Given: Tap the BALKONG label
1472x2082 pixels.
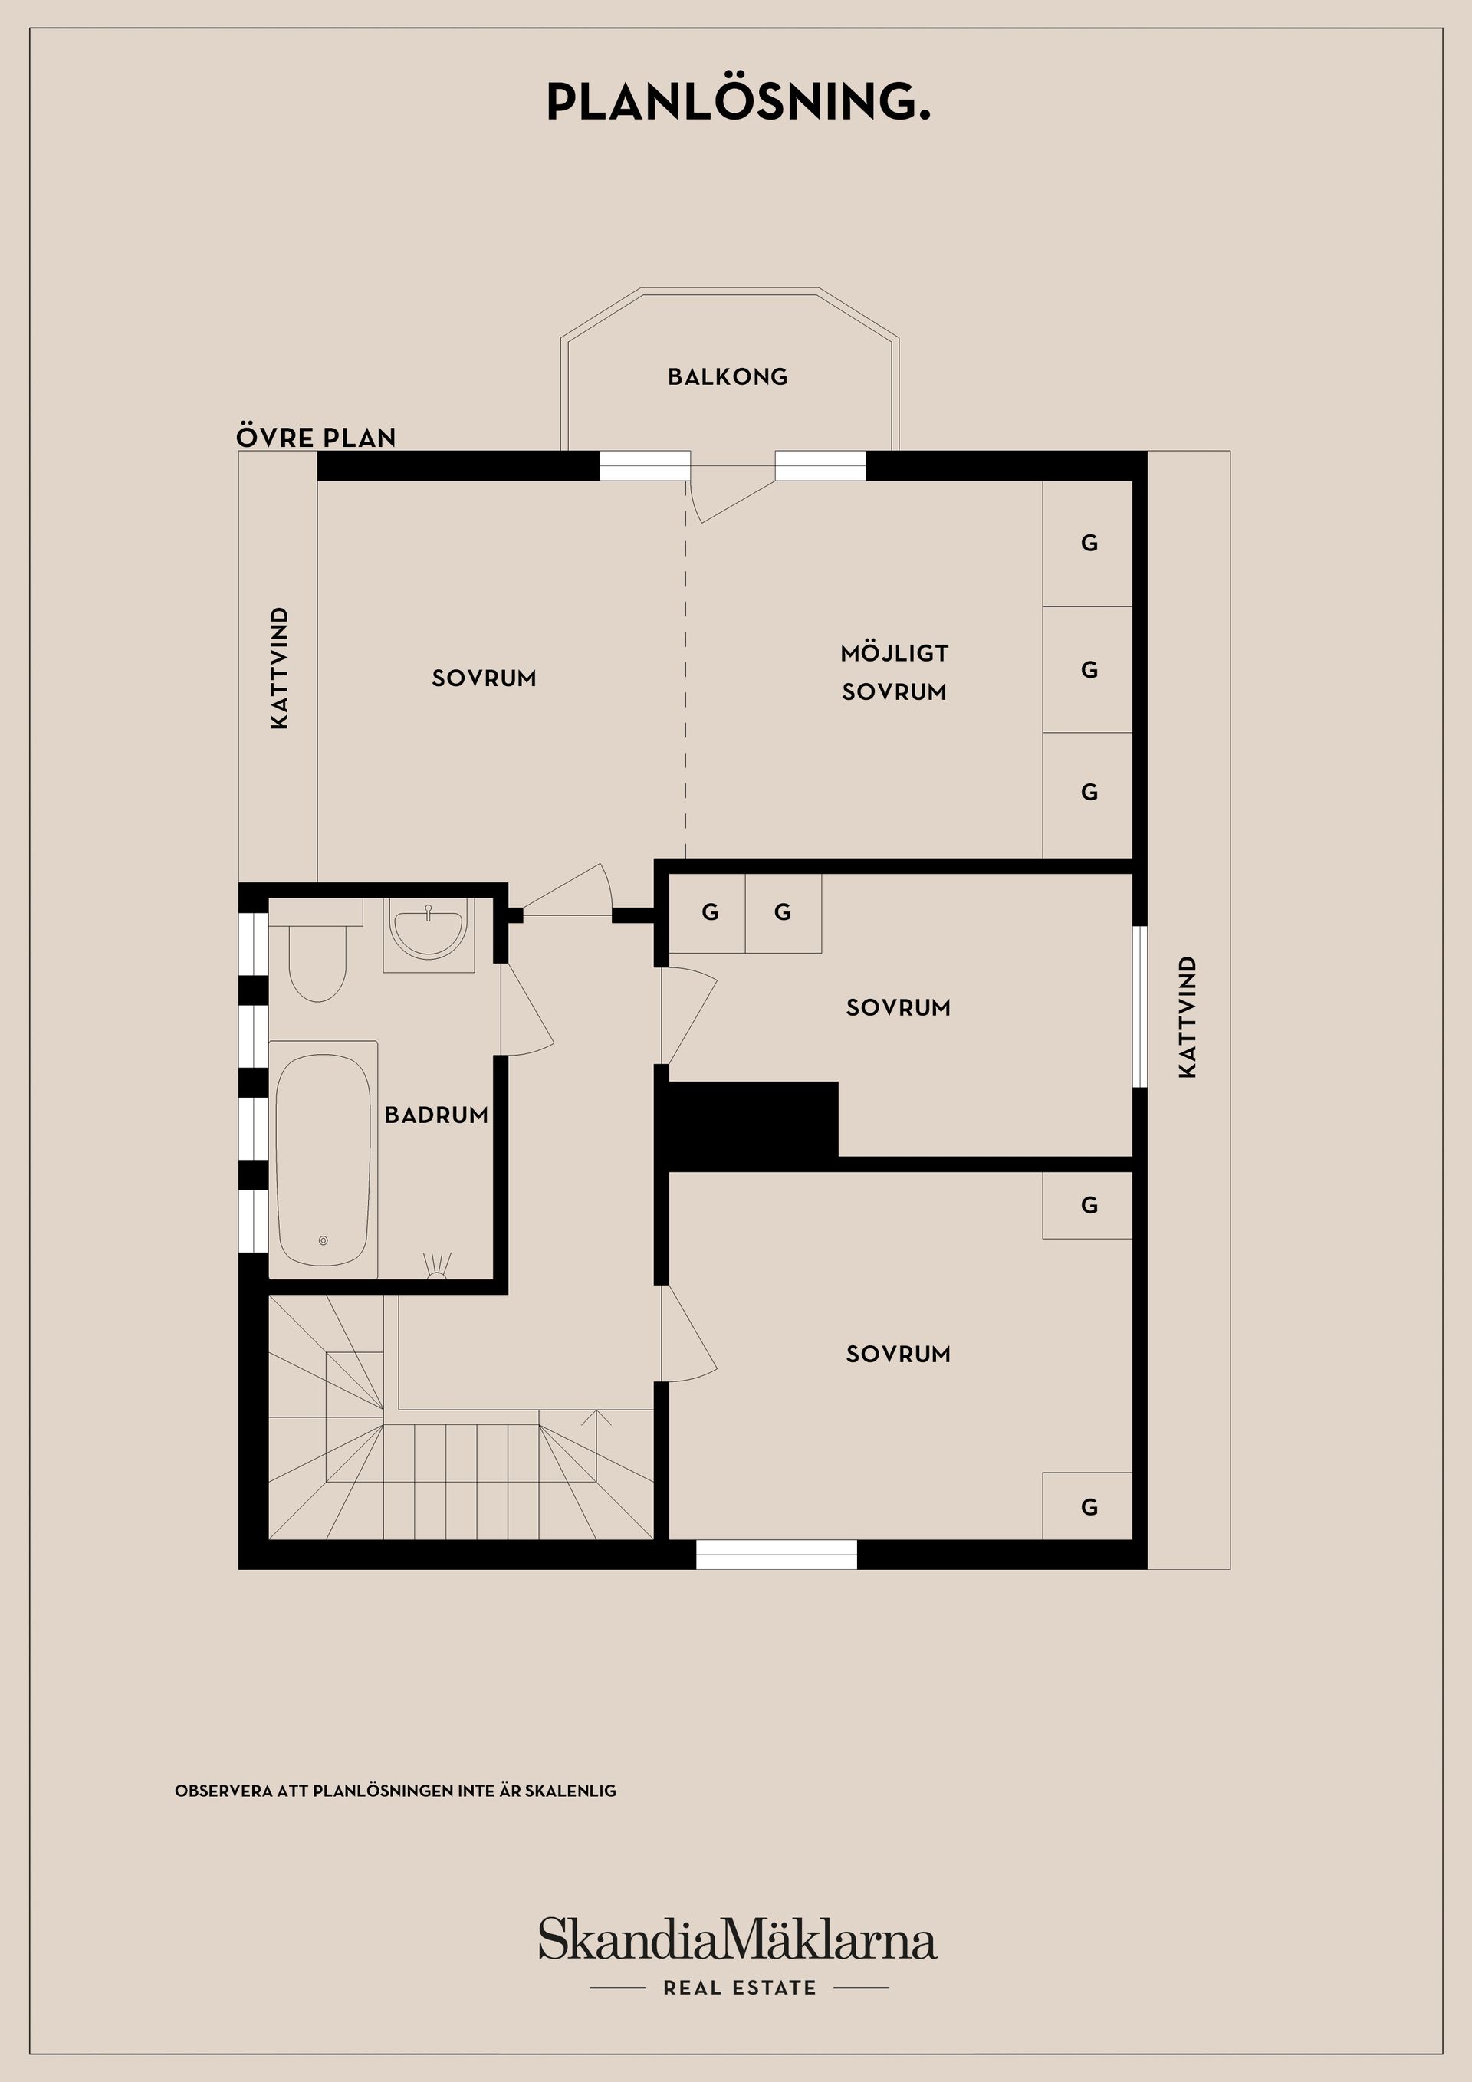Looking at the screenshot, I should coord(728,377).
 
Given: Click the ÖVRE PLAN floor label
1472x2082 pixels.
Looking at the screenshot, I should coord(316,438).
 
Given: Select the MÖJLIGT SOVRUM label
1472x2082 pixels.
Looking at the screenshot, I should coord(894,672).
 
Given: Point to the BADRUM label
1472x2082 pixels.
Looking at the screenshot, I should coord(436,1115).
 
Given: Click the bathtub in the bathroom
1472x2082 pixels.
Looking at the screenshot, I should coord(323,1160).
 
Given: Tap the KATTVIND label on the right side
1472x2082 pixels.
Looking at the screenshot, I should coord(1188,1016).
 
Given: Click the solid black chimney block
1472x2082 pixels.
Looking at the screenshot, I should coord(751,1118).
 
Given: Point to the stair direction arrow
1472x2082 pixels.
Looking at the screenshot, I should coord(596,1417).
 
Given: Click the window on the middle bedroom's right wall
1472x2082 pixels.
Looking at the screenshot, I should coord(1140,1006).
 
